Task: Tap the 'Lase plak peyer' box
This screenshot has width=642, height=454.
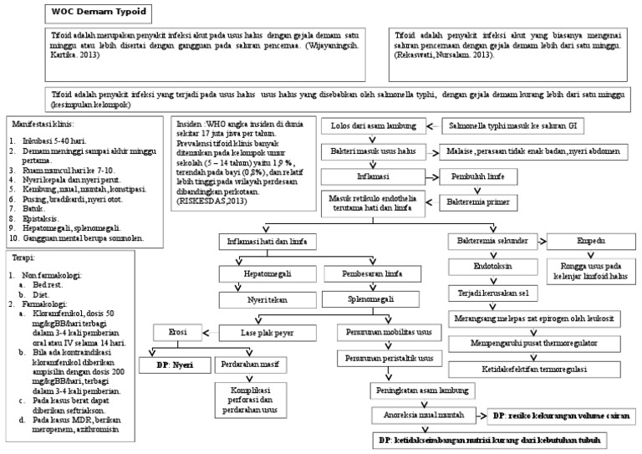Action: click(267, 333)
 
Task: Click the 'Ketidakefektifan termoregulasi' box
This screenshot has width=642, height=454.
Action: click(533, 368)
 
